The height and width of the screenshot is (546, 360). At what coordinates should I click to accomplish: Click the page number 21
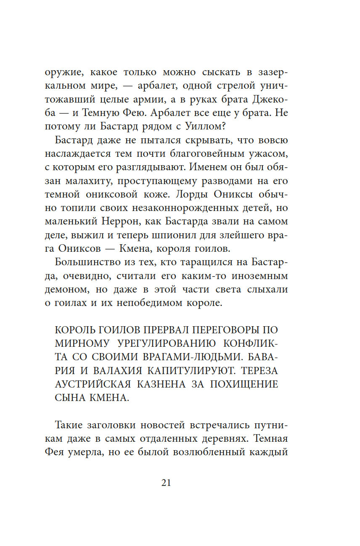coord(166,483)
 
